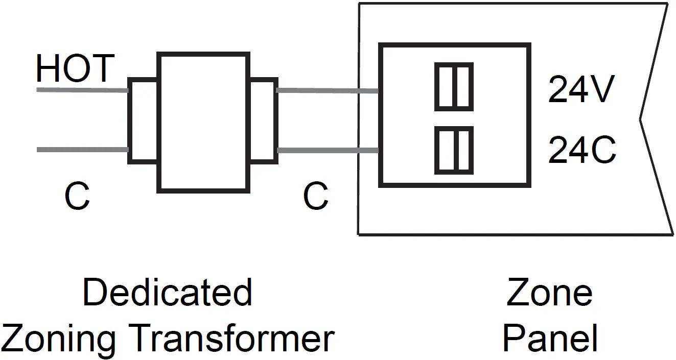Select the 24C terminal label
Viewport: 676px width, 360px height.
581,150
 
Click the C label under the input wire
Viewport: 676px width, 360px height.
77,197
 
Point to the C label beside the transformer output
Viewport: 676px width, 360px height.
315,197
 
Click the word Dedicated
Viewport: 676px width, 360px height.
167,293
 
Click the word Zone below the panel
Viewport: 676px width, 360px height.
549,293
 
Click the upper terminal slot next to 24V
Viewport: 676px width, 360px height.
454,87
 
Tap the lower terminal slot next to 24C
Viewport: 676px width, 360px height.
454,150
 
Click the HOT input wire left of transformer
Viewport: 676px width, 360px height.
82,90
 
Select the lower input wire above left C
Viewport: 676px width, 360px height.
82,150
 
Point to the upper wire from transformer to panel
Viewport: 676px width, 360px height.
327,91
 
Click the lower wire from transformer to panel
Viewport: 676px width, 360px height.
327,150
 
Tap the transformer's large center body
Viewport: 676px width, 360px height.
203,122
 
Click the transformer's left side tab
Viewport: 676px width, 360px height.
143,121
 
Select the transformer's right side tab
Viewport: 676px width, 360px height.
264,121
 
